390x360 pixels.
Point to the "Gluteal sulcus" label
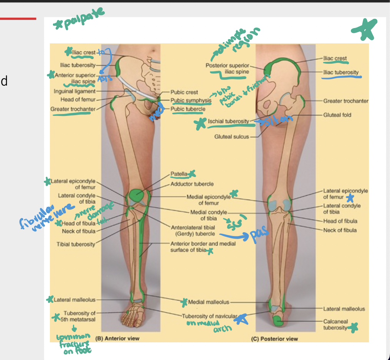pos(232,136)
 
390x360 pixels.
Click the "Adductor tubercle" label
pos(192,184)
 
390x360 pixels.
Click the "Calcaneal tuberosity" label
pos(335,324)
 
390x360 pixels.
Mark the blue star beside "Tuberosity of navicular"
pos(241,318)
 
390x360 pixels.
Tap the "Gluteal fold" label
pos(337,115)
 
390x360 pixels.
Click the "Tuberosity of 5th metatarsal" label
pos(79,316)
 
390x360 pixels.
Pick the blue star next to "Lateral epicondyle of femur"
pos(349,198)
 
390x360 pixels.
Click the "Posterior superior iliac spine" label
pos(228,69)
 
